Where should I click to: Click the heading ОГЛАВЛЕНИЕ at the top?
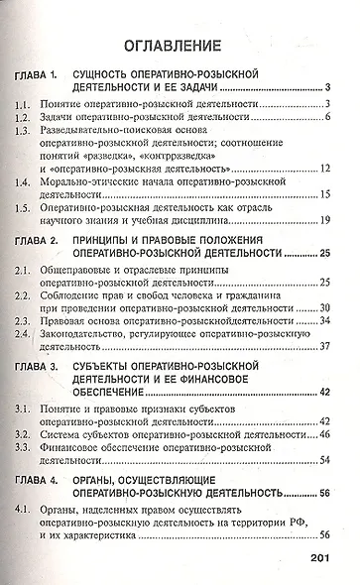coord(181,47)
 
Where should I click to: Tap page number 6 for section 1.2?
coord(327,119)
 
